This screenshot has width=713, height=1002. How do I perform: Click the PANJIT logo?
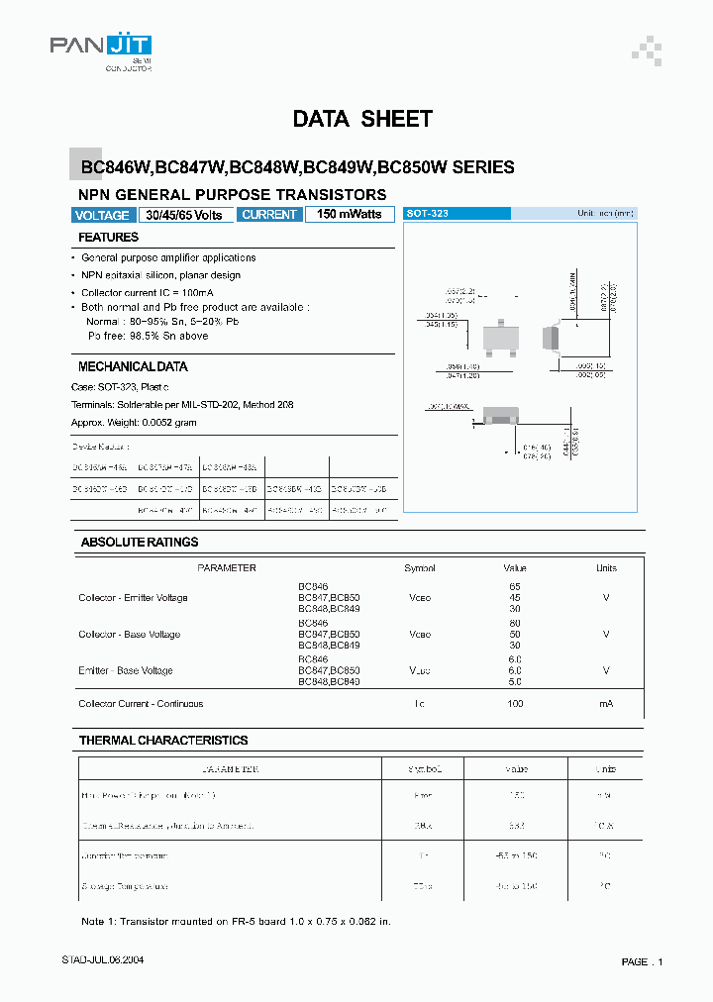(x=101, y=47)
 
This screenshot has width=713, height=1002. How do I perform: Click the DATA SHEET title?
(x=362, y=120)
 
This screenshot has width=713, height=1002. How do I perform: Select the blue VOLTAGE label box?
(x=102, y=215)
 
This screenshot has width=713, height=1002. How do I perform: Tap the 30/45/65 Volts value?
(x=184, y=215)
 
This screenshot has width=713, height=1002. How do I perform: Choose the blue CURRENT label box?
(x=269, y=215)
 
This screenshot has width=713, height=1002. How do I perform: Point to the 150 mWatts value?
(x=349, y=215)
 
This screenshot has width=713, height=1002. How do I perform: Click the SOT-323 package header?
(x=457, y=214)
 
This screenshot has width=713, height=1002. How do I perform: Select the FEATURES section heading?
(x=109, y=238)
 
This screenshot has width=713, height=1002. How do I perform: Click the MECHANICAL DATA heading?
(x=133, y=366)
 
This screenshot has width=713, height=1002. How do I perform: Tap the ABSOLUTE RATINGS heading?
(x=140, y=543)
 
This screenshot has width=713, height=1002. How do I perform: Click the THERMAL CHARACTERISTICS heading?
(x=164, y=741)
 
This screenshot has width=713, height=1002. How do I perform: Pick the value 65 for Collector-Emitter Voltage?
(x=514, y=587)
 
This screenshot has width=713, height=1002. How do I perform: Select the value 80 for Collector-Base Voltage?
(x=514, y=623)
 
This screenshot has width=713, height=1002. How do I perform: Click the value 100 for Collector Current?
(x=514, y=704)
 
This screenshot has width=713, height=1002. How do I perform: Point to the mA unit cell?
(x=606, y=704)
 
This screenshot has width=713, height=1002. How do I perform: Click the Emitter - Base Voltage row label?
(x=126, y=671)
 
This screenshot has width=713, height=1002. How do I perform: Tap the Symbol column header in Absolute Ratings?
(x=420, y=568)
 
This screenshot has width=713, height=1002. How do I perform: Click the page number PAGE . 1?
(x=642, y=962)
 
